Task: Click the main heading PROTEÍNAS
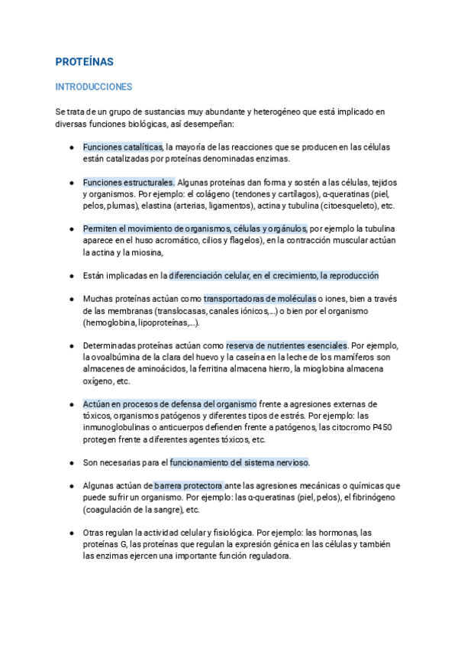pyautogui.click(x=84, y=61)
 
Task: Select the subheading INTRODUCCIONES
pyautogui.click(x=94, y=87)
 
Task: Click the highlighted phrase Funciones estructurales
pyautogui.click(x=129, y=183)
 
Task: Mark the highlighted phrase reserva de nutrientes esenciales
pyautogui.click(x=286, y=345)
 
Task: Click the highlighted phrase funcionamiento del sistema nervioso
pyautogui.click(x=239, y=463)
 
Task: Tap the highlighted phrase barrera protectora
pyautogui.click(x=189, y=486)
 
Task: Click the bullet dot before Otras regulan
pyautogui.click(x=71, y=533)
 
